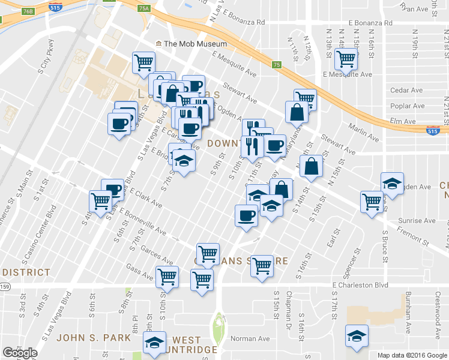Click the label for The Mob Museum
(195, 44)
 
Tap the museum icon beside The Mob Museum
(158, 44)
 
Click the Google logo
(20, 353)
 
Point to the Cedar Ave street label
(406, 91)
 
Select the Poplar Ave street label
(408, 106)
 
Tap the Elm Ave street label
(402, 122)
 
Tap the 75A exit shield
(143, 8)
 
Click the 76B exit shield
(27, 11)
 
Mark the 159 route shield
(5, 287)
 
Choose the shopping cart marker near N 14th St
(346, 59)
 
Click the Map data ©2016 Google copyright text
(412, 355)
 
